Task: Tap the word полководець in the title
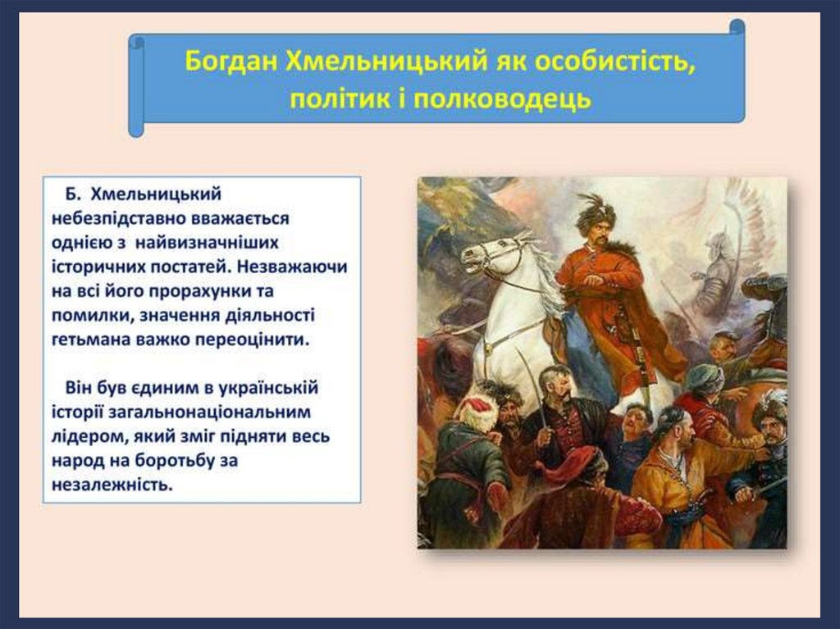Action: pos(502,99)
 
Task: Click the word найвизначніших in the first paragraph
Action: pos(207,243)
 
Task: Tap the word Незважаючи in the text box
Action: pos(292,267)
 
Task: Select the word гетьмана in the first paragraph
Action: pos(90,340)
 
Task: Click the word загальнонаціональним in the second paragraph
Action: pos(209,412)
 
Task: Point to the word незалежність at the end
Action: pos(112,485)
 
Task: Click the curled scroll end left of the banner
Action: pos(136,86)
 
